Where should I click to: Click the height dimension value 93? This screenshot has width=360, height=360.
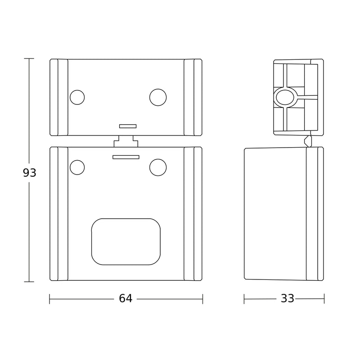click(30, 173)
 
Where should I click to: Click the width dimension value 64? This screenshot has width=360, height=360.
click(126, 298)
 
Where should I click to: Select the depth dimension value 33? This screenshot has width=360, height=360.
click(288, 298)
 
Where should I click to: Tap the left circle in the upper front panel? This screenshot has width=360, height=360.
click(77, 97)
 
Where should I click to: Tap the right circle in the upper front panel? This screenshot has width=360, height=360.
click(158, 97)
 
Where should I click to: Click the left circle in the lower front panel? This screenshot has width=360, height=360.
click(77, 167)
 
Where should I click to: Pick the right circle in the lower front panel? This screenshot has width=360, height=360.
click(158, 167)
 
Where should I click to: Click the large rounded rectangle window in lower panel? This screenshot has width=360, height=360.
click(126, 242)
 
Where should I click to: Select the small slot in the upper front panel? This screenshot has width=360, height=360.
click(128, 126)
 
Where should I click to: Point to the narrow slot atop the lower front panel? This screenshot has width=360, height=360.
click(126, 157)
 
